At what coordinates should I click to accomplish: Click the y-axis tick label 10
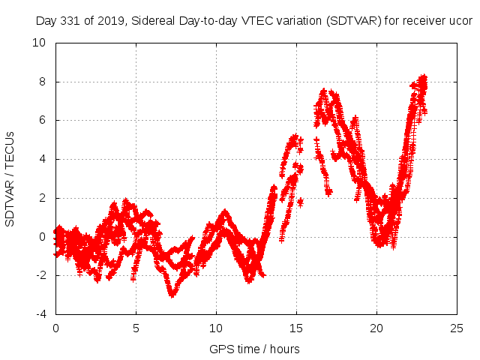[x=40, y=43]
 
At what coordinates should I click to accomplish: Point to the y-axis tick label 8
[x=43, y=82]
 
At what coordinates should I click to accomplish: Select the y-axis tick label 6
[x=43, y=120]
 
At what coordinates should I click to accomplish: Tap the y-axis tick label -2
[x=40, y=275]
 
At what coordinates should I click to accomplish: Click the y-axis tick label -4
[x=40, y=314]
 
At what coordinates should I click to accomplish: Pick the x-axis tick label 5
[x=136, y=328]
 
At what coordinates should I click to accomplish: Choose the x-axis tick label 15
[x=296, y=328]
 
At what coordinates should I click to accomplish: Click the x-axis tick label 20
[x=376, y=328]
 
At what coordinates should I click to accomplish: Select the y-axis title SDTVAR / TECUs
[x=10, y=178]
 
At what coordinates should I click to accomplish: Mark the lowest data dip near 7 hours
[x=172, y=295]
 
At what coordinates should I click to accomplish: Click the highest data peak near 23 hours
[x=424, y=76]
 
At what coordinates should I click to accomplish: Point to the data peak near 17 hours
[x=324, y=91]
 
